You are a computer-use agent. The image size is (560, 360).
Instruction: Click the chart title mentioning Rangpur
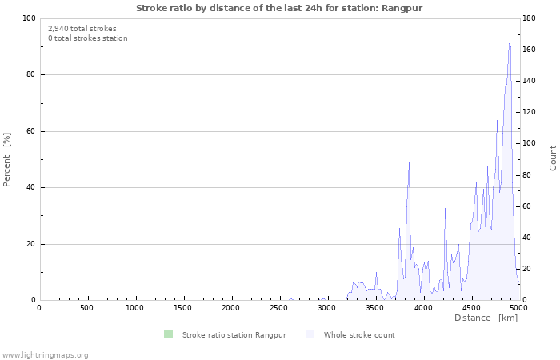(x=279, y=8)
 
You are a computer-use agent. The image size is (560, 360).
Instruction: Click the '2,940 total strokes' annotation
(x=82, y=28)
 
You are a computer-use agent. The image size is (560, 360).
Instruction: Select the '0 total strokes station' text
(x=87, y=38)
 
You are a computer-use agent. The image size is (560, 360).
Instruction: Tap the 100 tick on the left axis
(x=29, y=18)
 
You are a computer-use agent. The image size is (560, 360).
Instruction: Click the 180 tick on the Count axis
(x=531, y=18)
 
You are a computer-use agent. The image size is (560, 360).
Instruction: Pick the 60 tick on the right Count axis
(x=529, y=206)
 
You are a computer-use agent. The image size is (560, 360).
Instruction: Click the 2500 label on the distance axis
(x=279, y=308)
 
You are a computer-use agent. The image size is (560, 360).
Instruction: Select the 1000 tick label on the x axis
(x=135, y=308)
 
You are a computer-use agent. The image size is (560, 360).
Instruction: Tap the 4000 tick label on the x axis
(x=423, y=308)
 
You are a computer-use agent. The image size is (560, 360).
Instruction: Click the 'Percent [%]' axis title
(x=7, y=159)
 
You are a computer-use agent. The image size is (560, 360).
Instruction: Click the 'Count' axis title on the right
(x=553, y=158)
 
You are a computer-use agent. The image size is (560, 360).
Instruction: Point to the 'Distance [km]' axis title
(x=486, y=318)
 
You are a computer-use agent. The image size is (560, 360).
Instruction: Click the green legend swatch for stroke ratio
(x=167, y=334)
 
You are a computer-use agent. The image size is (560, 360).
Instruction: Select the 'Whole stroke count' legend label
(x=359, y=334)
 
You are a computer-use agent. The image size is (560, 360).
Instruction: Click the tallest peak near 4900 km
(x=510, y=44)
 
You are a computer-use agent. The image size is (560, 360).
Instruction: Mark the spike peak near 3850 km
(x=409, y=163)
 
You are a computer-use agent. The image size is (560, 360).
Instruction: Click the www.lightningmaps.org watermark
(x=45, y=354)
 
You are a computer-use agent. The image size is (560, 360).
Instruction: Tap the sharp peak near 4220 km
(x=445, y=208)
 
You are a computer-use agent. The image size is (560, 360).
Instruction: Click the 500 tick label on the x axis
(x=87, y=308)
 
